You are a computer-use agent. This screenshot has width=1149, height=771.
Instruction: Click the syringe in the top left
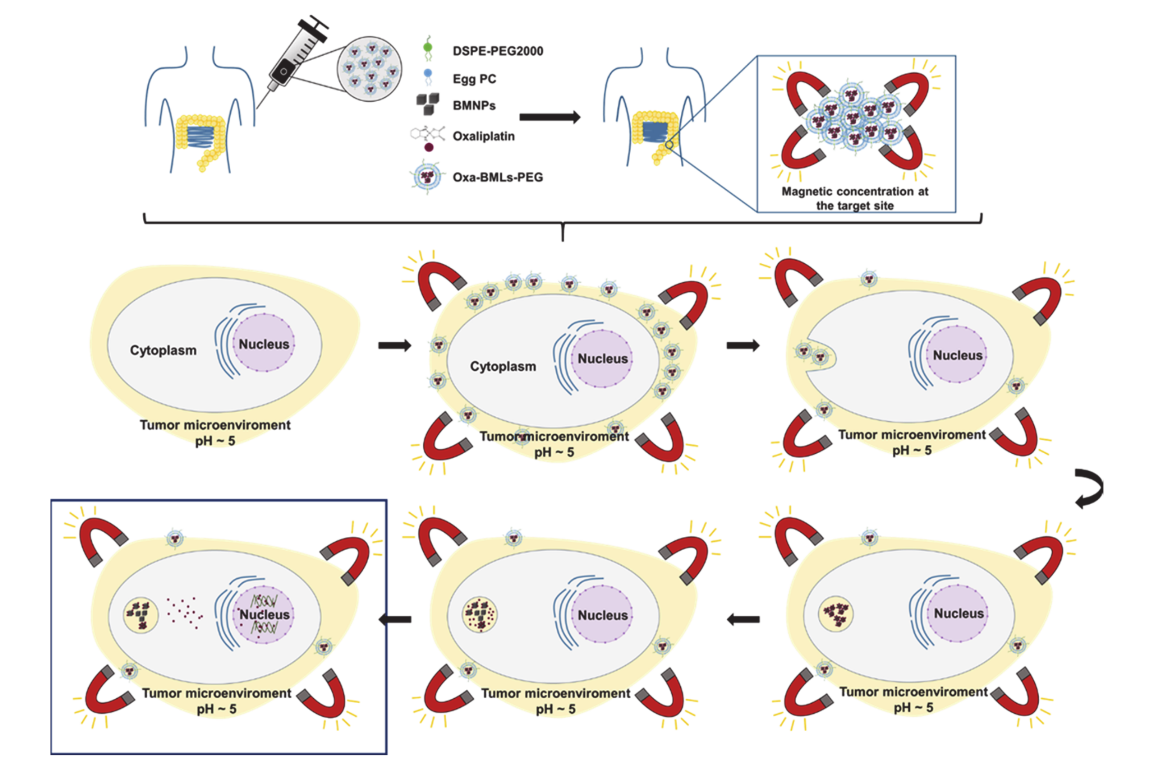[x=295, y=57]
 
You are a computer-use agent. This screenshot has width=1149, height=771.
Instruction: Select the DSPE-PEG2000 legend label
[x=497, y=51]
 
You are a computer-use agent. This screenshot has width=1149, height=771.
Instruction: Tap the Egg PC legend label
[x=474, y=79]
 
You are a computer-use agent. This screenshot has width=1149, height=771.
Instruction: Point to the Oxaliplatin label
[x=483, y=136]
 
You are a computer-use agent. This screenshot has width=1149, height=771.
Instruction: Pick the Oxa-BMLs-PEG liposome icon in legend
[x=426, y=176]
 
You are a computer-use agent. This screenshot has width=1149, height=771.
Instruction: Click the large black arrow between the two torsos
[x=550, y=117]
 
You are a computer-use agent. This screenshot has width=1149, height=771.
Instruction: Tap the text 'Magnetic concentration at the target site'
[x=854, y=198]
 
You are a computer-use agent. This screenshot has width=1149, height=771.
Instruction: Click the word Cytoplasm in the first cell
[x=163, y=350]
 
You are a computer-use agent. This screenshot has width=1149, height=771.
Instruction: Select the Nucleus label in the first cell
[x=264, y=344]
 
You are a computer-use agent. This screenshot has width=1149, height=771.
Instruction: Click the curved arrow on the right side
[x=1088, y=488]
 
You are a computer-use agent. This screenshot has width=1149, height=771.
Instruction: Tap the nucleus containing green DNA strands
[x=264, y=615]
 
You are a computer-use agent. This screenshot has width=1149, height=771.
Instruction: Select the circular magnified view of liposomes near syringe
[x=369, y=69]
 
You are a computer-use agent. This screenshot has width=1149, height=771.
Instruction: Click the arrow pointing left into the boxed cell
[x=395, y=620]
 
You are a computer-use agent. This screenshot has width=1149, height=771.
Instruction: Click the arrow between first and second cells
[x=394, y=345]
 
